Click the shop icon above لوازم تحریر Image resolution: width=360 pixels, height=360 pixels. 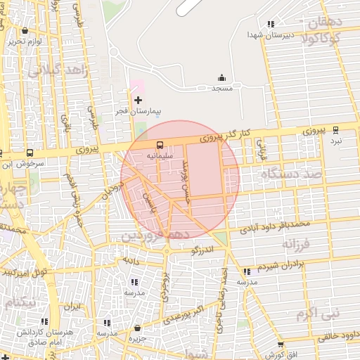click(x=26, y=31)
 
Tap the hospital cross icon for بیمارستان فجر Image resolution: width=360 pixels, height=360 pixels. click(x=139, y=100)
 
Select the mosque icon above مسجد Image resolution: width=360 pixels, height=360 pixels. click(x=222, y=77)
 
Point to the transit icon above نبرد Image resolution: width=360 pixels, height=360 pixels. click(x=335, y=129)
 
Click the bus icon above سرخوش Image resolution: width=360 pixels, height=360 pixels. click(x=30, y=153)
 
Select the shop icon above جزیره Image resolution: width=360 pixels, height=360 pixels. click(x=136, y=328)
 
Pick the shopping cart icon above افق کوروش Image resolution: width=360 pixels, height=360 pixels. click(x=281, y=345)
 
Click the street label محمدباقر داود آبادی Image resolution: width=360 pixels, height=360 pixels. click(x=274, y=225)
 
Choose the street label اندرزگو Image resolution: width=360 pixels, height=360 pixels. click(x=205, y=250)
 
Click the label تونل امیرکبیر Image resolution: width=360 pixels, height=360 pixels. click(x=25, y=271)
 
